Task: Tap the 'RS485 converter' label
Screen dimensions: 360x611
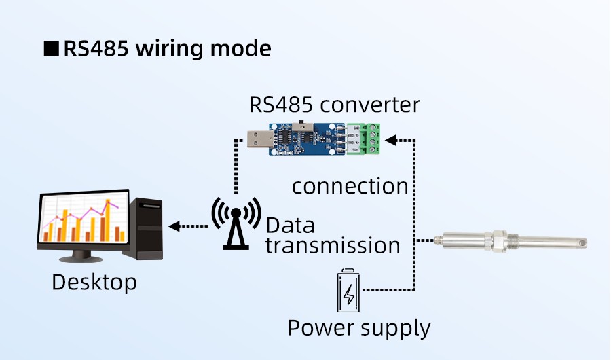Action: (x=334, y=105)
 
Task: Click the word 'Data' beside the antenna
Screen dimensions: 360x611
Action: (x=290, y=225)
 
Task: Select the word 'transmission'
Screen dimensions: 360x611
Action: (x=333, y=245)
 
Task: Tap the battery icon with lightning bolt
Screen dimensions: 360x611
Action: (x=349, y=291)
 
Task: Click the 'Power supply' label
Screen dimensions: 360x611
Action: (x=359, y=327)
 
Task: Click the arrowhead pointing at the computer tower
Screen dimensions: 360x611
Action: (x=174, y=226)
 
